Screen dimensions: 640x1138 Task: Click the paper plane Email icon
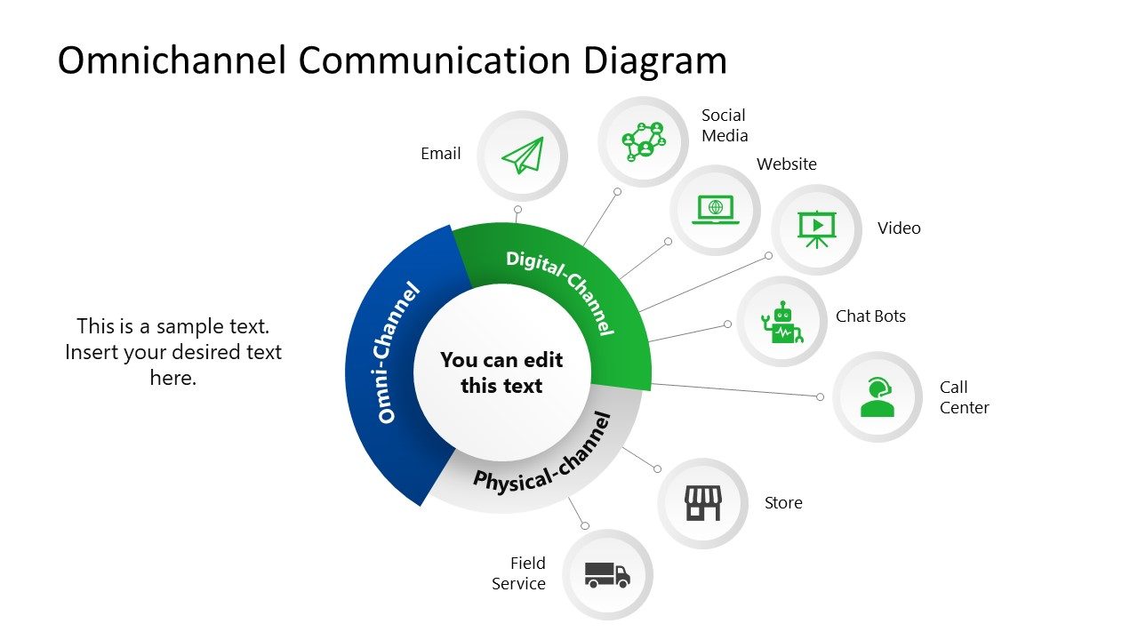click(x=522, y=156)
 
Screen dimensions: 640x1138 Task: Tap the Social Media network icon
click(x=644, y=140)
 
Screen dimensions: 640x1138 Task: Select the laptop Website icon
click(x=715, y=210)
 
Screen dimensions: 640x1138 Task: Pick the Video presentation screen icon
click(x=816, y=228)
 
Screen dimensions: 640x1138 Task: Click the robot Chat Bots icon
click(x=782, y=322)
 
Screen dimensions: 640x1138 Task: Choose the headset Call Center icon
click(x=878, y=396)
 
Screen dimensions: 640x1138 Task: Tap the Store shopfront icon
click(x=702, y=503)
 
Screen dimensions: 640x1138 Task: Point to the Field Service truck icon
click(x=607, y=574)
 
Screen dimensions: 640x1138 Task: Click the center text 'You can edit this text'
click(x=501, y=372)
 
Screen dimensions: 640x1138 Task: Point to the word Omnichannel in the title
click(x=172, y=60)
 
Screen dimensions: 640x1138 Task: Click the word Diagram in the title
click(x=655, y=60)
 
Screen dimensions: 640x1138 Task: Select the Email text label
click(x=441, y=154)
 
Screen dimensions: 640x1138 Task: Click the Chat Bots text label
click(x=870, y=316)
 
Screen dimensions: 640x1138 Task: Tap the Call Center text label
click(x=964, y=397)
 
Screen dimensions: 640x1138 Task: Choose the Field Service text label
click(x=519, y=573)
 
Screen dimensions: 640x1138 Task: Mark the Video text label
click(x=899, y=228)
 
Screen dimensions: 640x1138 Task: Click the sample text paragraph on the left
click(x=173, y=352)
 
